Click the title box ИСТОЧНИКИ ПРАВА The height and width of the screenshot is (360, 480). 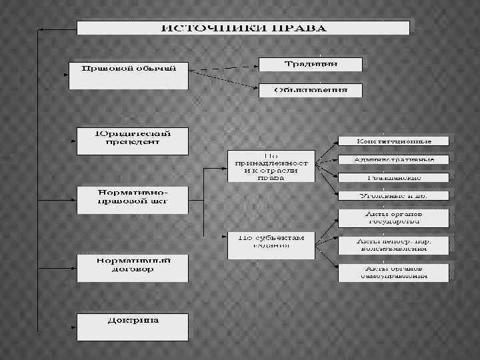(x=244, y=29)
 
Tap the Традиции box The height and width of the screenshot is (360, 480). (x=311, y=64)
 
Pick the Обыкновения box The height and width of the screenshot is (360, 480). (x=311, y=90)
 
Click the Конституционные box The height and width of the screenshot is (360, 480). (x=394, y=141)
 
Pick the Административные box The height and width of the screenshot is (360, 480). (x=394, y=160)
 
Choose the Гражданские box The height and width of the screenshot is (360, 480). (x=394, y=178)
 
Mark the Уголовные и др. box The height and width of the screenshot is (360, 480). (x=394, y=196)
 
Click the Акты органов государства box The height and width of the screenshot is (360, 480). (x=394, y=218)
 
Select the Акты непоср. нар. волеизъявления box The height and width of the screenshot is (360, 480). (x=394, y=244)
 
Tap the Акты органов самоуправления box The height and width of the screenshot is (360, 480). (x=394, y=272)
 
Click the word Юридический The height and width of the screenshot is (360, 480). (x=132, y=132)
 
